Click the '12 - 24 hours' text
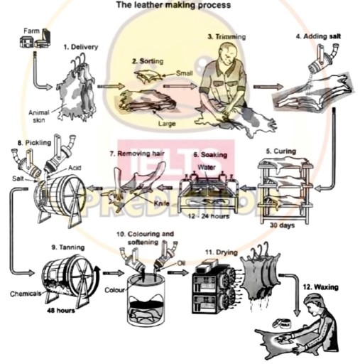pyautogui.click(x=205, y=215)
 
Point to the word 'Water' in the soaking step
pyautogui.click(x=207, y=168)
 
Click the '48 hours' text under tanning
pyautogui.click(x=62, y=311)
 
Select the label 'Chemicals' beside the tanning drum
pyautogui.click(x=25, y=293)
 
